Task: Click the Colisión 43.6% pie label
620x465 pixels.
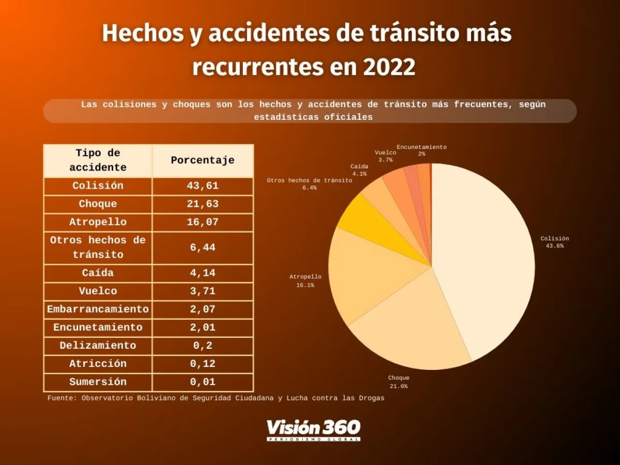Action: (554, 242)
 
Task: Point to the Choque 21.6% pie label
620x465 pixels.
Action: (398, 382)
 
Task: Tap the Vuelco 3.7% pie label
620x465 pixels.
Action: (385, 156)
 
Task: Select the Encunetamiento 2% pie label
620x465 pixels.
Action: (422, 150)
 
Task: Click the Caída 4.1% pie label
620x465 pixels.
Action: (359, 170)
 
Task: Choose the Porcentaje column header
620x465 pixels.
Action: (203, 160)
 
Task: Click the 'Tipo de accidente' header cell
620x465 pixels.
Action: (98, 160)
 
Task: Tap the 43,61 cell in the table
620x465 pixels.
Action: (203, 186)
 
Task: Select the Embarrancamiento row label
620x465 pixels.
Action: (98, 309)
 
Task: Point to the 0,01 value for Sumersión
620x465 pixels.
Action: (203, 382)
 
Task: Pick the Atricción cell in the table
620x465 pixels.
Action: (98, 364)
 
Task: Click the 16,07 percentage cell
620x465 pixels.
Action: (203, 222)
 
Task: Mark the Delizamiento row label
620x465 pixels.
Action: (98, 346)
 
